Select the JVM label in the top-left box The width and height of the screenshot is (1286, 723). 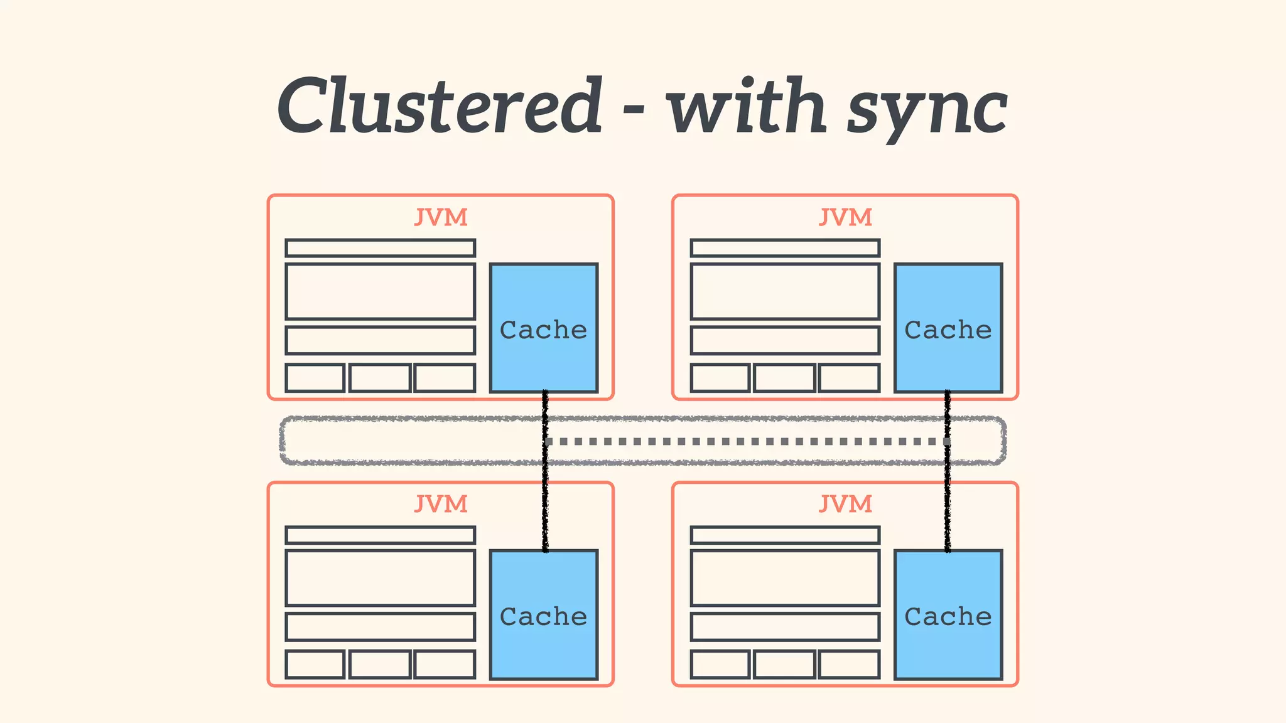tap(441, 218)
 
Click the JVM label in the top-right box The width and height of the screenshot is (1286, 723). tap(845, 218)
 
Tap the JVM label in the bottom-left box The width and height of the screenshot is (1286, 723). tap(441, 504)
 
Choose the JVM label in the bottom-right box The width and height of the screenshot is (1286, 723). tap(845, 504)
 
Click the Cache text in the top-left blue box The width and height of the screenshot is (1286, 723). tap(543, 329)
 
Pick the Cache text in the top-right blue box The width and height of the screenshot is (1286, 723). tap(948, 329)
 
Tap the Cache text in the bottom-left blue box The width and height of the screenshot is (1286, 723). tap(543, 616)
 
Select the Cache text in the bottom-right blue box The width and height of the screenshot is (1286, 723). tap(948, 616)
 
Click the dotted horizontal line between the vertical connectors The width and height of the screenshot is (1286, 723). tap(746, 442)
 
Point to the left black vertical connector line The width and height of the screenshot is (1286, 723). tap(545, 502)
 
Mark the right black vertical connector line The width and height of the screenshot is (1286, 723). tap(948, 502)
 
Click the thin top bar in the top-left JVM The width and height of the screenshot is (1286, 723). tap(380, 248)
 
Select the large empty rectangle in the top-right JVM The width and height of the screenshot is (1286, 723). tap(785, 292)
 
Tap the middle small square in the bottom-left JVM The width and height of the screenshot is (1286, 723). tap(380, 665)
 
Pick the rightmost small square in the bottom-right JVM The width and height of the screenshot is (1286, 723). tap(849, 665)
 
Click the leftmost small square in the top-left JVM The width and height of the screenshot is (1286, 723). tap(315, 378)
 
